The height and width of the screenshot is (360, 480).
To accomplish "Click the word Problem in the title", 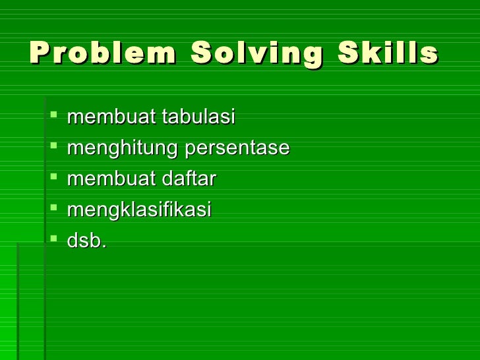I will tap(102, 53).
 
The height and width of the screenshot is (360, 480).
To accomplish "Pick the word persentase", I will tap(237, 148).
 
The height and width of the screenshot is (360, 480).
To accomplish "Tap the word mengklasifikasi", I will tap(139, 210).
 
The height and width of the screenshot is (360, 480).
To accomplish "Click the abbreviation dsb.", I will tap(86, 241).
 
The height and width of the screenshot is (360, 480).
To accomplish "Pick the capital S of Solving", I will tap(201, 53).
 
